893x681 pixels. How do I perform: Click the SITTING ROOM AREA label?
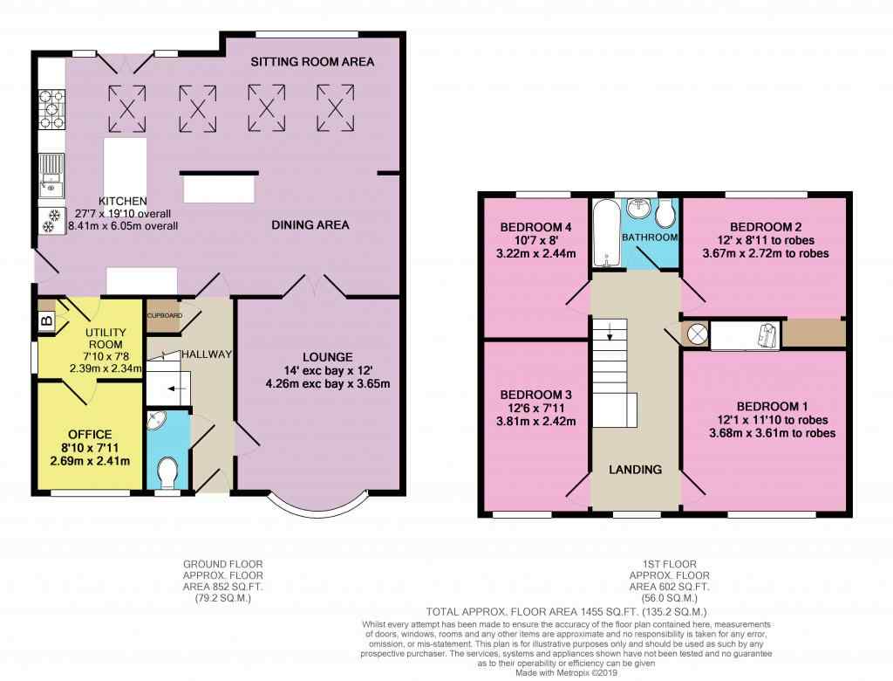[312, 62]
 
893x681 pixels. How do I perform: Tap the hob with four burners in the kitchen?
[51, 109]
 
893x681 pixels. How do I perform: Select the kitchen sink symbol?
[51, 175]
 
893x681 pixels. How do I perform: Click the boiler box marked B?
[47, 320]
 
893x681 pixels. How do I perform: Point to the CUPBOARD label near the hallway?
[165, 315]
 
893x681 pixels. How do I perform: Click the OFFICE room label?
[90, 435]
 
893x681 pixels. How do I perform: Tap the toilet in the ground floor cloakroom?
[167, 473]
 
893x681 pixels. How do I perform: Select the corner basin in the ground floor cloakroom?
[153, 420]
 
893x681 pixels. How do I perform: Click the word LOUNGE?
[328, 357]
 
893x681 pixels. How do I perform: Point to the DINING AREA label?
[310, 224]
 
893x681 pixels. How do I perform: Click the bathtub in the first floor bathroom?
[605, 232]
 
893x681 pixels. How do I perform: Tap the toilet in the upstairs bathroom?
[665, 213]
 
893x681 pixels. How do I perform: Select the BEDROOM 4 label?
[536, 228]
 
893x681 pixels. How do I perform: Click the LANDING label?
[635, 470]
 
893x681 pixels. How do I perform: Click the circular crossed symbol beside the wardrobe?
[697, 334]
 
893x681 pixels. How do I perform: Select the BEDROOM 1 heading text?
[773, 407]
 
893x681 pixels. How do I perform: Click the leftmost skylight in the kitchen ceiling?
[127, 108]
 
